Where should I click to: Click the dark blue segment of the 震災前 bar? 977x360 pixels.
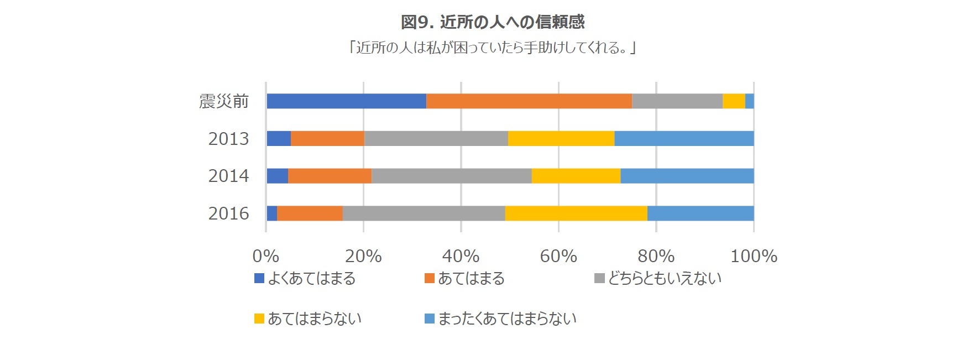tap(346, 101)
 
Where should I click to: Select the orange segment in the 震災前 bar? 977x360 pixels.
tap(529, 101)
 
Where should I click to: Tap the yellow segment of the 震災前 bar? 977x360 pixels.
tap(734, 101)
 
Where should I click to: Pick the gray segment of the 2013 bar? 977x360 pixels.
tap(436, 138)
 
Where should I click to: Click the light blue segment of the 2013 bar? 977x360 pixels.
tap(684, 138)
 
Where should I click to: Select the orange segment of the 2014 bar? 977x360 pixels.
tap(330, 176)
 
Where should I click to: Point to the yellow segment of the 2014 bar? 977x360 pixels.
tap(576, 176)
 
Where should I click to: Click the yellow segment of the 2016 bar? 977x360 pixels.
tap(576, 213)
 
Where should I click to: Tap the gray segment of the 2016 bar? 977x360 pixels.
tap(424, 213)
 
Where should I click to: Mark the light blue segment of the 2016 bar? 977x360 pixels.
tap(700, 213)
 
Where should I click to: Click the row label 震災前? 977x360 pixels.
tap(224, 101)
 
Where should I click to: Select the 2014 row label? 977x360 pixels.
tap(228, 176)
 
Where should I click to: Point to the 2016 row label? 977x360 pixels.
tap(228, 213)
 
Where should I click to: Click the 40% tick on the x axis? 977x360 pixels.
tap(461, 256)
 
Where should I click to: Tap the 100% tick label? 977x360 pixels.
tap(754, 256)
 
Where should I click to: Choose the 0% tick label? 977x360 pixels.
tap(265, 256)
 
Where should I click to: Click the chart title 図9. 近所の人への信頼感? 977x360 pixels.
tap(492, 22)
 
